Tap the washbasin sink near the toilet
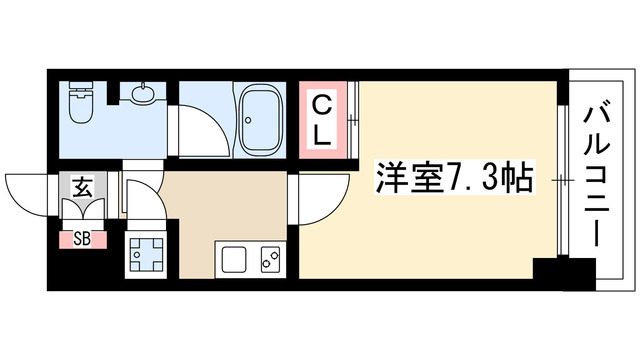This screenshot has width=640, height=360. click(143, 94)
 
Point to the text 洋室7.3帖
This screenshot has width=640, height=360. click(452, 181)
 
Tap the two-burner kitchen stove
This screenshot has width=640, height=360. click(269, 261)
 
